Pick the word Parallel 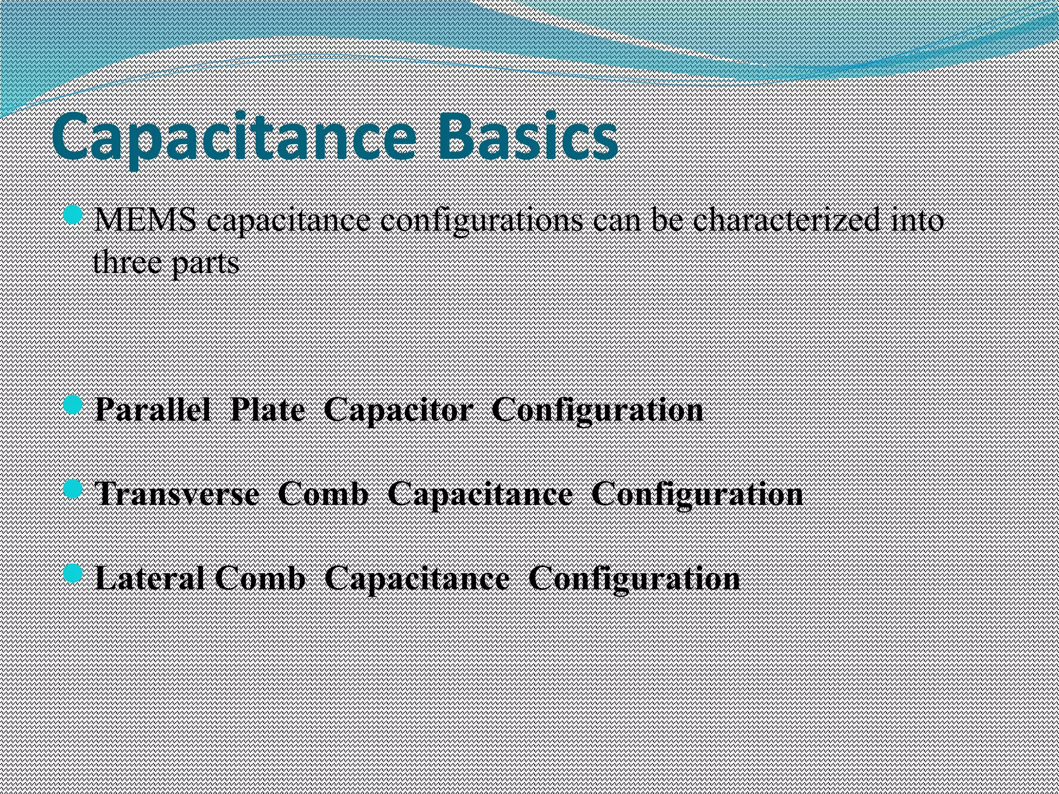coord(153,410)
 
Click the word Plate coord(268,410)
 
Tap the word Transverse coord(177,494)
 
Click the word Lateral coord(150,578)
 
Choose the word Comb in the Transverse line coord(323,494)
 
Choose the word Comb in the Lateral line coord(260,578)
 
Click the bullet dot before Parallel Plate coord(73,405)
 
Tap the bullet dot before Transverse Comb coord(73,489)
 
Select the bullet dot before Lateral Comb coord(73,573)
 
